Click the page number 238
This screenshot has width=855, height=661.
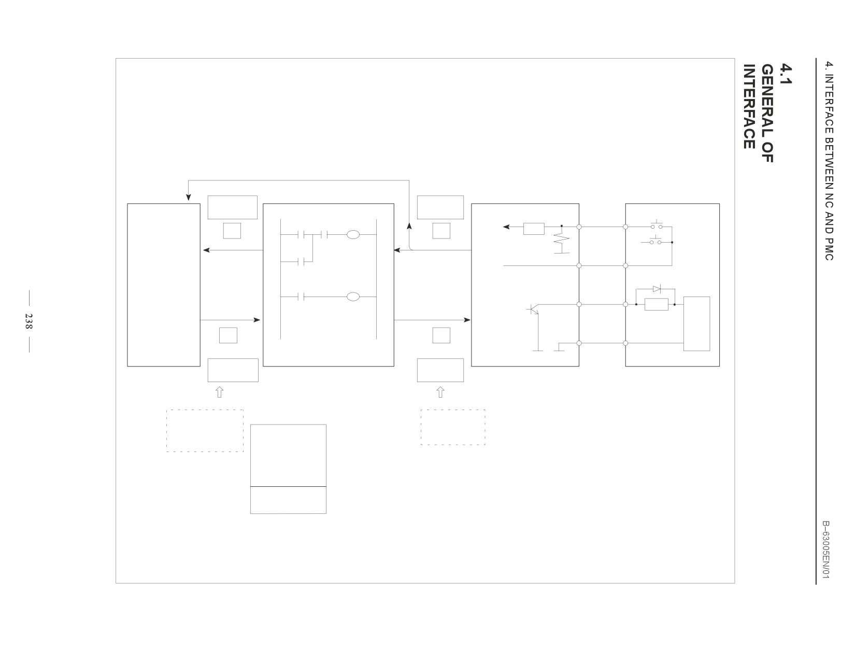click(x=28, y=321)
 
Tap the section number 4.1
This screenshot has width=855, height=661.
click(x=787, y=74)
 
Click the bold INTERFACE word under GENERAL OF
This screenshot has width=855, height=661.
click(x=749, y=106)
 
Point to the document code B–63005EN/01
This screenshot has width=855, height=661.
click(x=826, y=550)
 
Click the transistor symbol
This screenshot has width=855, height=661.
click(x=533, y=309)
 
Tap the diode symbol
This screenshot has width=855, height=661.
click(x=657, y=289)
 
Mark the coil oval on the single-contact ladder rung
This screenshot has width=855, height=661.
click(x=353, y=297)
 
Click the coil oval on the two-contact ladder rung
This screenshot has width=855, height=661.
click(x=353, y=235)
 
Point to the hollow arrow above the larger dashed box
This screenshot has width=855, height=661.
click(x=220, y=392)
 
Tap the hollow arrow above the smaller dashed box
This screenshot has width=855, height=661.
click(x=440, y=392)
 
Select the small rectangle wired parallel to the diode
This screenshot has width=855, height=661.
click(x=657, y=304)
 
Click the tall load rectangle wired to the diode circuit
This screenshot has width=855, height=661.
click(x=696, y=324)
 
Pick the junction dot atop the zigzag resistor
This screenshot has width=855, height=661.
click(x=562, y=226)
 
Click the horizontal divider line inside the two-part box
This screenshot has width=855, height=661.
click(x=289, y=487)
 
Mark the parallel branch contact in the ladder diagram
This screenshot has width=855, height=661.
click(x=302, y=261)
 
